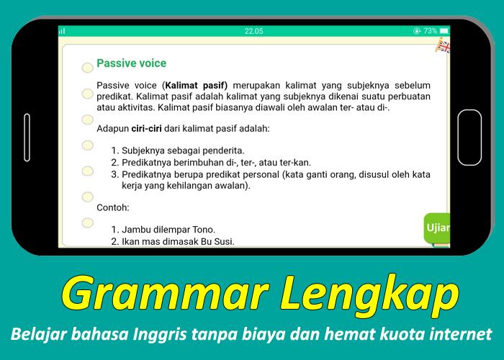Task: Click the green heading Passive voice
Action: point(132,63)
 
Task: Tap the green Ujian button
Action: point(437,228)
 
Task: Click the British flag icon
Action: point(443,45)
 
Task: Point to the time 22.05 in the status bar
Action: point(253,31)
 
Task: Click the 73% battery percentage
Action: point(430,31)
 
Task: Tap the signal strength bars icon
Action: point(62,31)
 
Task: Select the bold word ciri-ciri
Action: point(147,129)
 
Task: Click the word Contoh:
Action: point(113,207)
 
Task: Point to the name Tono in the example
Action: point(204,230)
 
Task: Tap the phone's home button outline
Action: point(469,138)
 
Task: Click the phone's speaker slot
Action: point(27,138)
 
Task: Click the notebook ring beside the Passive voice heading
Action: point(87,68)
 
